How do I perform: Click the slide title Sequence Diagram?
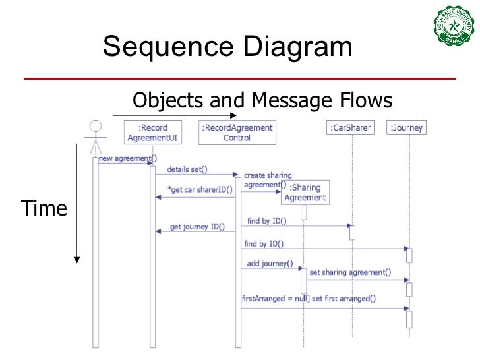tap(227, 47)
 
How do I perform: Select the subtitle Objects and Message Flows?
tap(262, 100)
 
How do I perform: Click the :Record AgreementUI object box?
tap(152, 133)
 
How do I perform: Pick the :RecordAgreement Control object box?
tap(237, 133)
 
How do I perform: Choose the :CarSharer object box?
tap(350, 128)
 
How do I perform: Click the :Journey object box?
tap(407, 128)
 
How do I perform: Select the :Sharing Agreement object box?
tap(305, 193)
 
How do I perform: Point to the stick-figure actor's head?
tap(96, 126)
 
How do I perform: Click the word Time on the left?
tap(45, 209)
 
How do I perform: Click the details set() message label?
tap(187, 169)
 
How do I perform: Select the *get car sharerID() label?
tap(196, 191)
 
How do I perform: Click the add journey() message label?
tap(268, 263)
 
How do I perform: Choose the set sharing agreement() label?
tap(350, 272)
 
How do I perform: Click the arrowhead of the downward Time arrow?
tap(76, 259)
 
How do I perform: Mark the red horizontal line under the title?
tap(240, 78)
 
